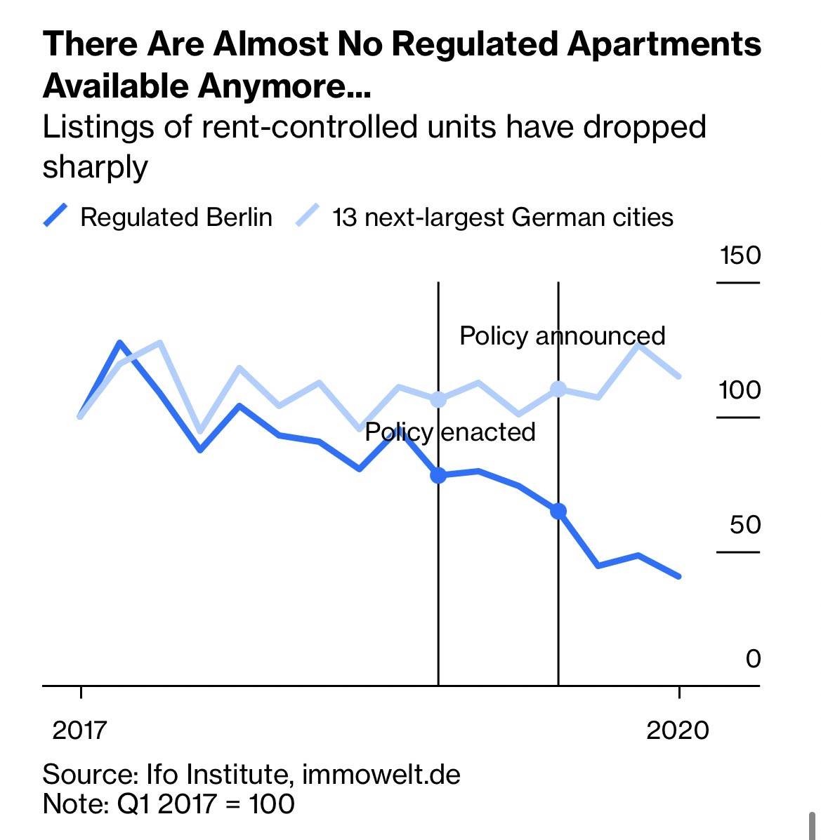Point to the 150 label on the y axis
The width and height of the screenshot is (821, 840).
click(x=740, y=255)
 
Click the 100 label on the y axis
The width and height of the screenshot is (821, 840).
click(x=740, y=389)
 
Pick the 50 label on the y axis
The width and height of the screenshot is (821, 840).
click(x=744, y=524)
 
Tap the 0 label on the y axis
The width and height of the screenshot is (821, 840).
click(x=753, y=659)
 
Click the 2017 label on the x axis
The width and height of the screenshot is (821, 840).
click(x=80, y=730)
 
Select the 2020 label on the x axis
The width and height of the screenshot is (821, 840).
click(x=678, y=730)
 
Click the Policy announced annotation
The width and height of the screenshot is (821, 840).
click(x=562, y=335)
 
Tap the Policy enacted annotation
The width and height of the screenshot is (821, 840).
click(x=450, y=432)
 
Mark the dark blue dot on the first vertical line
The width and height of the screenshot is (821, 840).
click(x=438, y=475)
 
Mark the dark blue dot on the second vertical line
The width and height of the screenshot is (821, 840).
click(x=558, y=511)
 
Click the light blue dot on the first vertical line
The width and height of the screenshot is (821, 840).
click(x=438, y=399)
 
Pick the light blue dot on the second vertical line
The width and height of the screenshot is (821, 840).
click(x=558, y=389)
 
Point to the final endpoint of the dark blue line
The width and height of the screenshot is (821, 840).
click(x=679, y=576)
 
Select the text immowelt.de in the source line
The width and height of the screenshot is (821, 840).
click(x=381, y=775)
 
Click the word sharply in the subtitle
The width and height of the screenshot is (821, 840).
click(x=96, y=167)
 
